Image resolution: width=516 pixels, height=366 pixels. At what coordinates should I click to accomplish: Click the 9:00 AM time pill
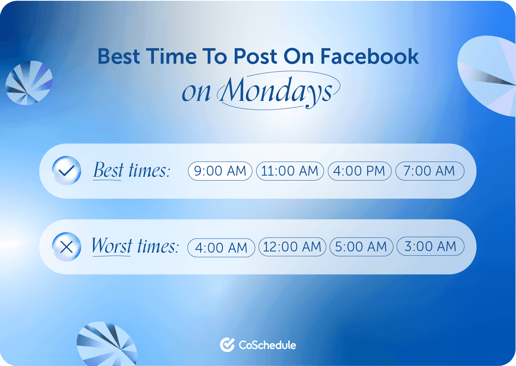pos(220,171)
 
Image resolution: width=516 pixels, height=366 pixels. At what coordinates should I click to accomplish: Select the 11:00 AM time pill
pos(290,171)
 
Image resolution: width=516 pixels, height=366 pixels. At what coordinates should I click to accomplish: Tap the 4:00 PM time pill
pos(359,171)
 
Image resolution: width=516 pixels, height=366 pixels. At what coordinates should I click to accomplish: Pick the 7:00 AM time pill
pos(429,171)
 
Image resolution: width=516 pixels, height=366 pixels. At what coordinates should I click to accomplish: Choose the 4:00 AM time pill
pos(221,248)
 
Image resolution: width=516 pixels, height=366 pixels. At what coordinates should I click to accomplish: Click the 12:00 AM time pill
pos(292,247)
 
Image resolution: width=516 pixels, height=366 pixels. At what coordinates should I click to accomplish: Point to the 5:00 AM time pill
pos(361,247)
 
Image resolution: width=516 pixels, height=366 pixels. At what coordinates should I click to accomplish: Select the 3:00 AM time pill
pos(430,247)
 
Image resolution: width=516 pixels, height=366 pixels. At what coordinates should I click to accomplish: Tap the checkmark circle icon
pos(66,171)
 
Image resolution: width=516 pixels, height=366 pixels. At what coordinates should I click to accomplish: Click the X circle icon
pos(66,247)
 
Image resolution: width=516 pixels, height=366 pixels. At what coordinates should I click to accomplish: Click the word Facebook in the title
pos(369,57)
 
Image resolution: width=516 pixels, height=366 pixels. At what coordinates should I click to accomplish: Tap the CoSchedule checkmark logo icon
pos(227,345)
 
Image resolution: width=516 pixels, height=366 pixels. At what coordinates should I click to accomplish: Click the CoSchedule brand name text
pos(267,345)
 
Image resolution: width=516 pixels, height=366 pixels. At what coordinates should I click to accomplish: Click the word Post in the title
pos(255,57)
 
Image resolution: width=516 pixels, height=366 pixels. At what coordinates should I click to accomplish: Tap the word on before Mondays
pos(196,92)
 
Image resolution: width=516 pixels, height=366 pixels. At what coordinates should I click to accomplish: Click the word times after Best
pos(149,170)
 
